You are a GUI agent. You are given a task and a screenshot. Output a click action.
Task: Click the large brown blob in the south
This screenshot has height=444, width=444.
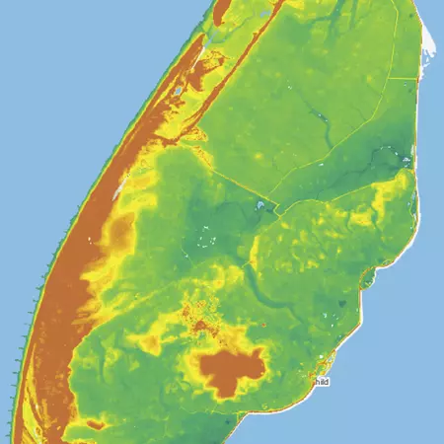(232, 370)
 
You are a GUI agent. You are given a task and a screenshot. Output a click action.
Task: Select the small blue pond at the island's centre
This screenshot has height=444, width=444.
(259, 206)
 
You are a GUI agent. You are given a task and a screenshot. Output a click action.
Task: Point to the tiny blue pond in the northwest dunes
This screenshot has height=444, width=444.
(178, 91)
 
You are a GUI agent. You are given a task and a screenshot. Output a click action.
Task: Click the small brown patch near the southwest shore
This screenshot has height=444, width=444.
(96, 424)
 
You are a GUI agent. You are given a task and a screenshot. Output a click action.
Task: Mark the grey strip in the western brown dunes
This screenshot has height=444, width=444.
(118, 184)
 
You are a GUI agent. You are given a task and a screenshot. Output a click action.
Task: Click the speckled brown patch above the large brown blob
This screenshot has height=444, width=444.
(202, 316)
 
